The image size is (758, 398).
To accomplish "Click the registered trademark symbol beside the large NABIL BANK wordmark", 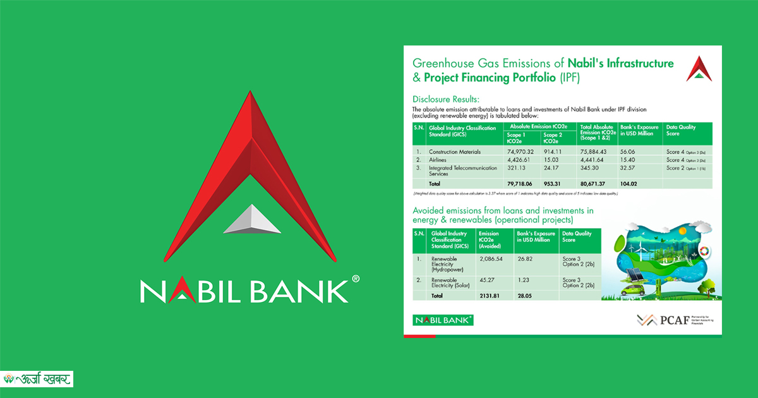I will click(356, 279).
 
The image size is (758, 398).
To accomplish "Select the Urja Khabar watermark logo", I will click(38, 379).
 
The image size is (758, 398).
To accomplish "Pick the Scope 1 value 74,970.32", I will click(519, 152).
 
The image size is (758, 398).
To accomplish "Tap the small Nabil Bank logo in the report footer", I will click(443, 320).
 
